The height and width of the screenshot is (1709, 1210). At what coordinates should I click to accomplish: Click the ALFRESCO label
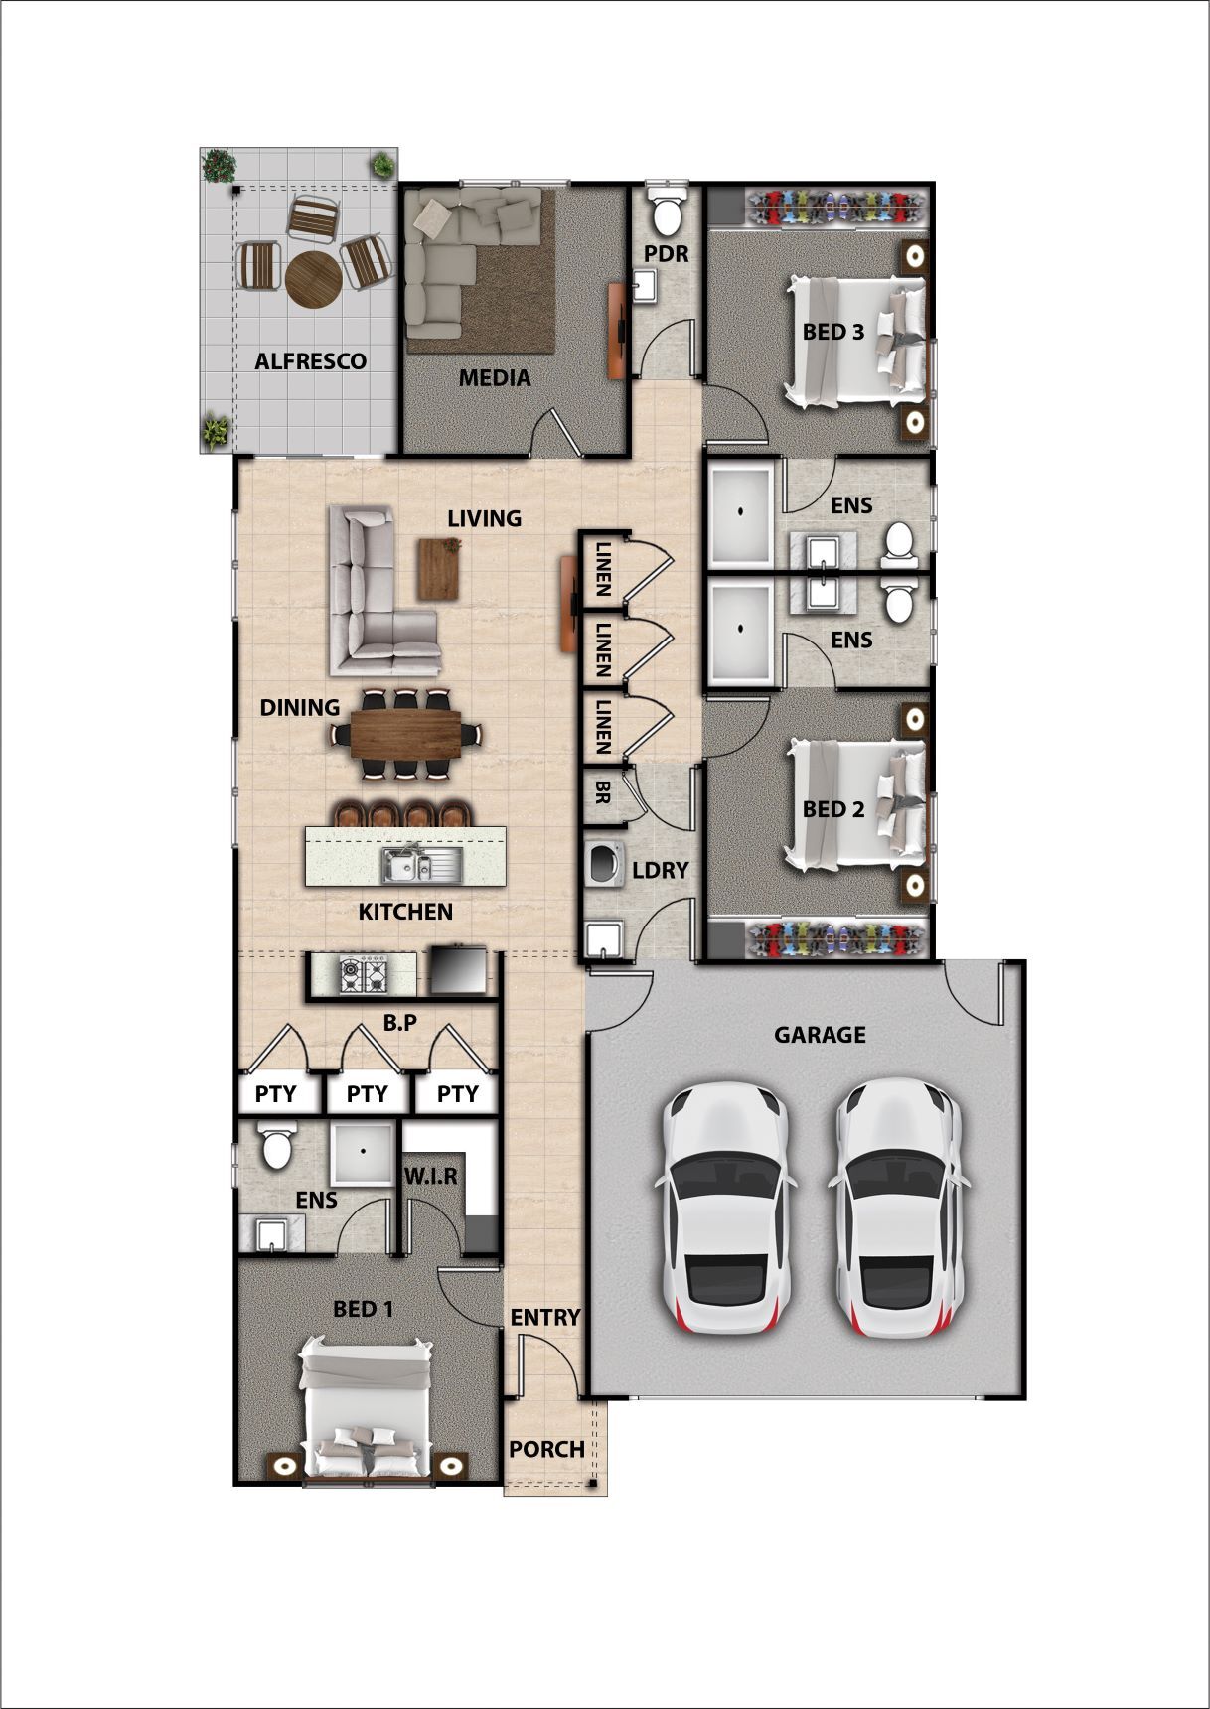(310, 361)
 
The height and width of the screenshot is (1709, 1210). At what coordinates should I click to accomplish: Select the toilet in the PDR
(665, 212)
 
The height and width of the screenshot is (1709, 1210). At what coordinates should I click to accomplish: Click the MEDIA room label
(494, 378)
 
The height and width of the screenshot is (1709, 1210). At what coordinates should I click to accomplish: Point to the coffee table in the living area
(439, 568)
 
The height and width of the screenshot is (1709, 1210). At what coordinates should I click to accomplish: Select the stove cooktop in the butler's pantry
(364, 974)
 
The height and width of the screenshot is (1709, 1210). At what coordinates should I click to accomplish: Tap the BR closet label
(602, 792)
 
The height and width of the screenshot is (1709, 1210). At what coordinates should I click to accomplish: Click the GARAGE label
(820, 1035)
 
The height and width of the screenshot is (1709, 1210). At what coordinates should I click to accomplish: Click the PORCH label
(546, 1449)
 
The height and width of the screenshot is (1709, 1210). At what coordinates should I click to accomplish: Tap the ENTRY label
(544, 1317)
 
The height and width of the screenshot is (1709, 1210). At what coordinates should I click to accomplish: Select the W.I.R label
(431, 1177)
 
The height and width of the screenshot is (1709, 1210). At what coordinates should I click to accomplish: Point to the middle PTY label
(367, 1094)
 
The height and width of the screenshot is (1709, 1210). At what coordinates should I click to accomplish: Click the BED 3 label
(832, 333)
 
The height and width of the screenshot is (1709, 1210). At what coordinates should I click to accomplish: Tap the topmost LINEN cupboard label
(603, 568)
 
